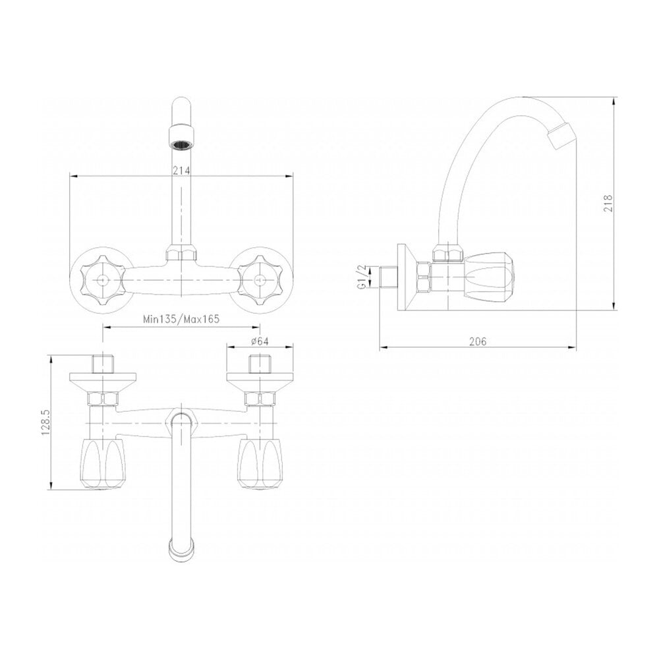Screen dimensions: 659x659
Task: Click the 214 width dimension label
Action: pos(182,170)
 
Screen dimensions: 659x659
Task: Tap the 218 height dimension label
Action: pos(608,203)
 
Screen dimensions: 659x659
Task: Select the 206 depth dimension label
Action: pos(477,341)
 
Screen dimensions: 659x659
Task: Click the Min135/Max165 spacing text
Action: pos(181,319)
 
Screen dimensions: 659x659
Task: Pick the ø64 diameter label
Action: pos(259,341)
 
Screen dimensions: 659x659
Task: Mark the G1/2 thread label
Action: pos(361,277)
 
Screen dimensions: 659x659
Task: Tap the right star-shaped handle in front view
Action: pos(259,279)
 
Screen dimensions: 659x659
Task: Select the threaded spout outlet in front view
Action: pos(181,136)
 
